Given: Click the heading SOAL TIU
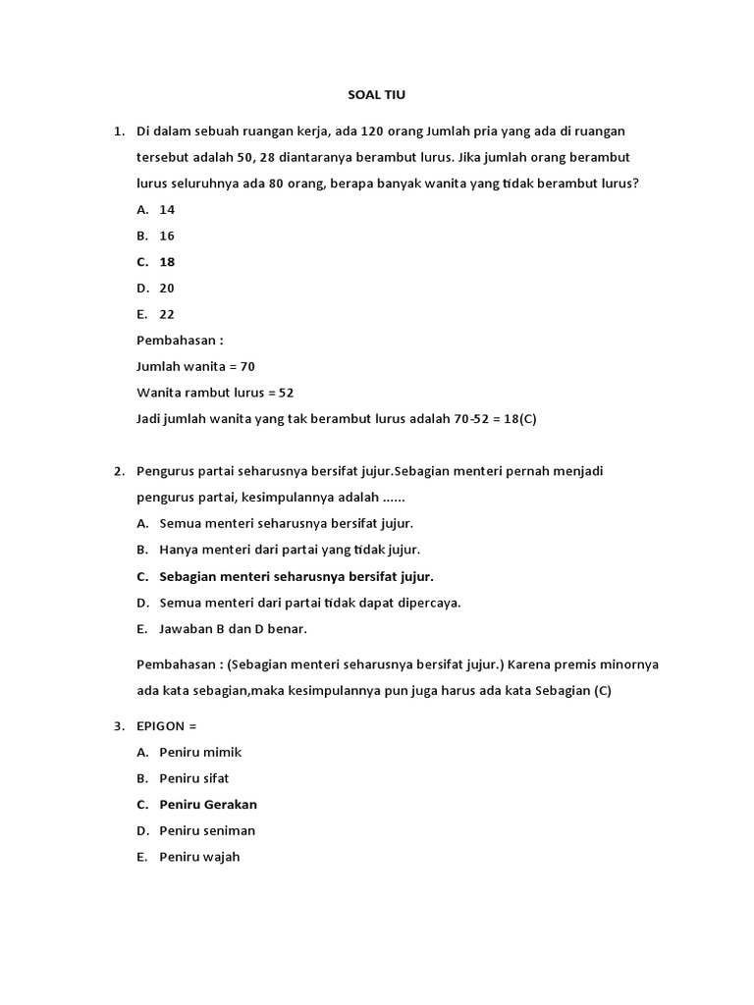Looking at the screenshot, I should [377, 95].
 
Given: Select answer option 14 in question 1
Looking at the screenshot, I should [167, 209].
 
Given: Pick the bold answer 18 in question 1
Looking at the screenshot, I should [167, 262].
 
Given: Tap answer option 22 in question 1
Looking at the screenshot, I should [167, 314].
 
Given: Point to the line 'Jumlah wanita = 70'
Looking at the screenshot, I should [195, 366].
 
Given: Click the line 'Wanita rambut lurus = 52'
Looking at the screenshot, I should [215, 393].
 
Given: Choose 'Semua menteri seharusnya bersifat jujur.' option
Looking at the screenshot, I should [286, 523].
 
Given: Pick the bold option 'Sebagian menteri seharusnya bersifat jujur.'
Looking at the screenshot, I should [296, 576].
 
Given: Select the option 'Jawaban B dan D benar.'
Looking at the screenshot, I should [233, 628].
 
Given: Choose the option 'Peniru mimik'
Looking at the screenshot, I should [200, 752].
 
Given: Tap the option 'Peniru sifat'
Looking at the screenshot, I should [194, 778].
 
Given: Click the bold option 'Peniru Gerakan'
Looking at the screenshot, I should [208, 805].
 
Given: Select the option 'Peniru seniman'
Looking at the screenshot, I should [207, 830].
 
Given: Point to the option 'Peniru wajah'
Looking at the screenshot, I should [199, 857].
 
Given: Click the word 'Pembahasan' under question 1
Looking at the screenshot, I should [176, 341].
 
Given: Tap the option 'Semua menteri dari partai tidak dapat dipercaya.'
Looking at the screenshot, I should [310, 602].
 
